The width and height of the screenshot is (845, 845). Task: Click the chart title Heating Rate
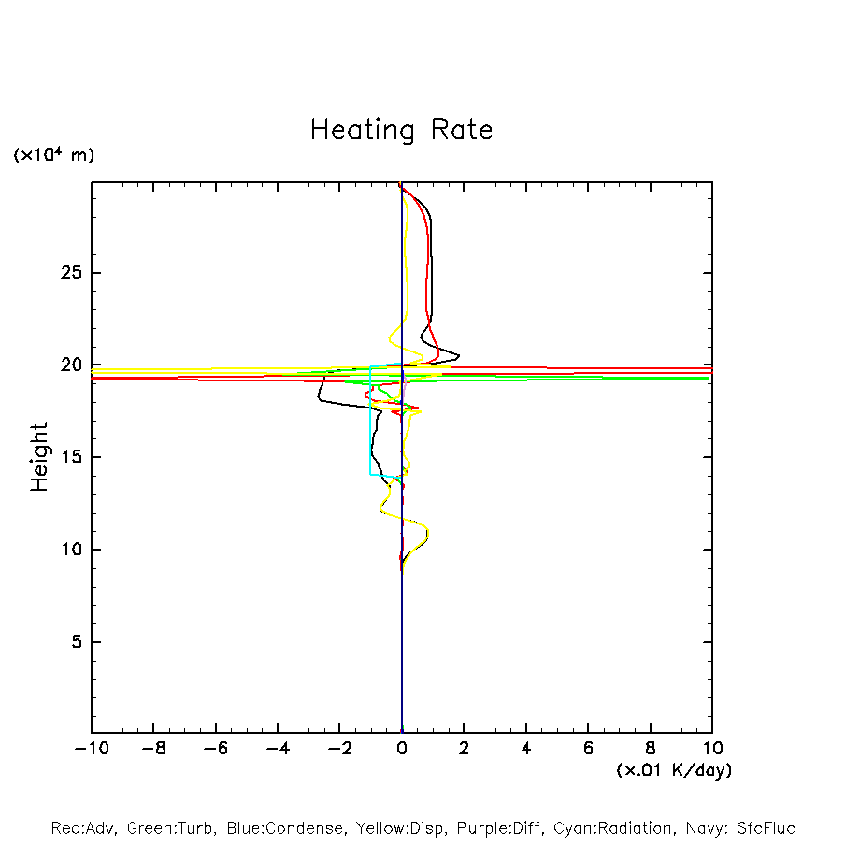tap(401, 130)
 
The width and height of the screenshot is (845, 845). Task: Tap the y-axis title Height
tap(39, 457)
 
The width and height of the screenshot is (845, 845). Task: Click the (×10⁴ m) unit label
tap(53, 155)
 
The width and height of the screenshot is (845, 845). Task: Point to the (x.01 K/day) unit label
tap(674, 770)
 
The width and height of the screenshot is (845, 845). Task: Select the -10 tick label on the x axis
tap(91, 749)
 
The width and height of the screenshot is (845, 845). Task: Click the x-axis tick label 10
tap(712, 749)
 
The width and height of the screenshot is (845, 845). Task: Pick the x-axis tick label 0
tap(402, 749)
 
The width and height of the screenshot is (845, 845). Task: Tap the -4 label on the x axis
tap(278, 749)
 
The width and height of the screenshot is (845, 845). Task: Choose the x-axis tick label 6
tap(588, 749)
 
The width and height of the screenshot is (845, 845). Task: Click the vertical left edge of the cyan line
tap(371, 421)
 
